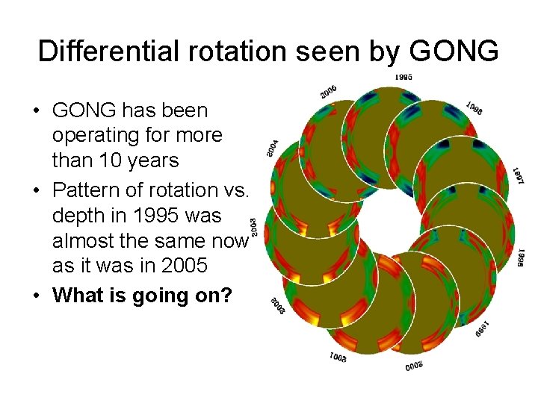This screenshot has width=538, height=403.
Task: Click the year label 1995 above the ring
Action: pos(403,77)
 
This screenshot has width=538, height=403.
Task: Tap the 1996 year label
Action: pos(474,108)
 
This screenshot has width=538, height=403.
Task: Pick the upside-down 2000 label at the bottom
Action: pos(414,364)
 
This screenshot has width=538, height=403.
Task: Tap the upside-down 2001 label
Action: pos(338,357)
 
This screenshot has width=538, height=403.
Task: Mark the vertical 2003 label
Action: pos(254,225)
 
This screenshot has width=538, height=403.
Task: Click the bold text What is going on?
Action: pos(142,295)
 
